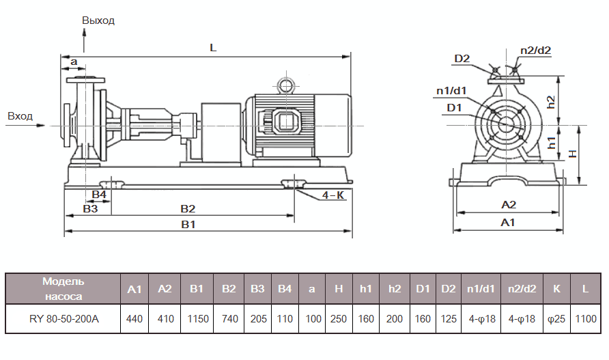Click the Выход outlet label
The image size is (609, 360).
98,20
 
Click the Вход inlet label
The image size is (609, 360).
20,116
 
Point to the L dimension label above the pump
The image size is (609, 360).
213,49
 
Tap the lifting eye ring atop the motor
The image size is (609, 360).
284,85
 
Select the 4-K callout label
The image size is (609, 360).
333,195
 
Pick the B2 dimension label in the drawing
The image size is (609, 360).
188,208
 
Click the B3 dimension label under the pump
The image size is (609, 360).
90,208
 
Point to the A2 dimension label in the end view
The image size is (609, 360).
509,204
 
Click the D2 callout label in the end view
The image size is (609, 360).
462,58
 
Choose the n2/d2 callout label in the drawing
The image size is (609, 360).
535,50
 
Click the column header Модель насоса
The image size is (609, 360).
63,289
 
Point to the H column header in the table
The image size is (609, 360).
339,289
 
